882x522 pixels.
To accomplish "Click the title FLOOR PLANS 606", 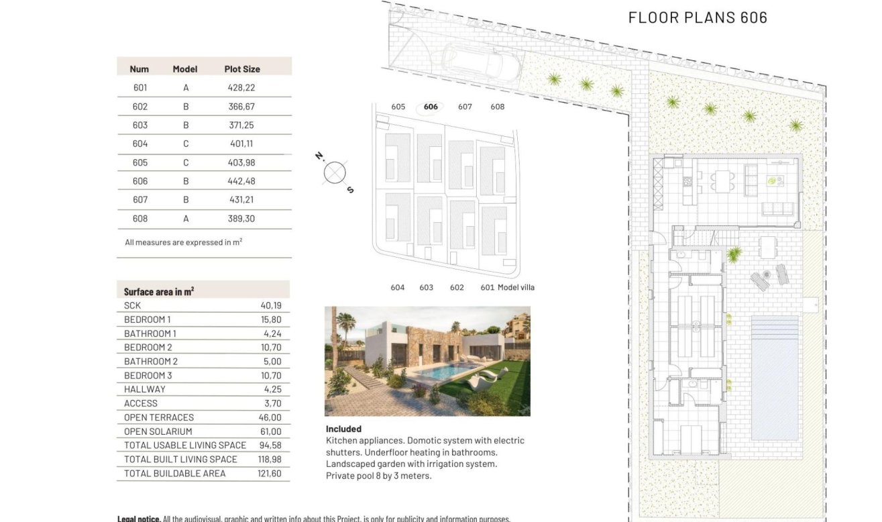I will point(698,18).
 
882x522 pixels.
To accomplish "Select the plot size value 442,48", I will point(241,181).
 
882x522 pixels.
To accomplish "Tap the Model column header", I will point(185,69).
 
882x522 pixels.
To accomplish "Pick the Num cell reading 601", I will point(140,88).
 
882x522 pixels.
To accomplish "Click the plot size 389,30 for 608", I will point(241,219).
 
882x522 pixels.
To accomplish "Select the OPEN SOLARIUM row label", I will point(158,431).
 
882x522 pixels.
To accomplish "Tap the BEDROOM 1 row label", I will point(148,319).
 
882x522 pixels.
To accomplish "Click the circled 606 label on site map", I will point(431,107).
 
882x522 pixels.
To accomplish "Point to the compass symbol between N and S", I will point(335,173).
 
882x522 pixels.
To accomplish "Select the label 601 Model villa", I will point(507,288).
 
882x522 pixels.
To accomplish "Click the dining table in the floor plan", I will point(722,180).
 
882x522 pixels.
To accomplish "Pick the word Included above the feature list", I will point(343,429).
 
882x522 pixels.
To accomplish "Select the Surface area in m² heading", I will point(159,292).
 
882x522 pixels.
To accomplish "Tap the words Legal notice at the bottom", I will point(139,519).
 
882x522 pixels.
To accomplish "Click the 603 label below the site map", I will point(427,288).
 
